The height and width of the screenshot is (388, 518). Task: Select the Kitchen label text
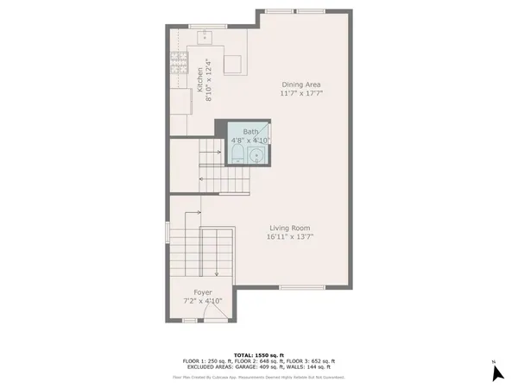[x=200, y=79]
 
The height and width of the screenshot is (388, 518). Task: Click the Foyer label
[x=203, y=292]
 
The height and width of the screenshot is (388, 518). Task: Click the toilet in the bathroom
[x=237, y=155]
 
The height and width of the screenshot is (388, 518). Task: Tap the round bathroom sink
[x=256, y=155]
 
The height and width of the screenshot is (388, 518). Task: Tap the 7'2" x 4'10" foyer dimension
[x=203, y=301]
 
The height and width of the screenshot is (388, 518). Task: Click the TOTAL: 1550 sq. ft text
[x=258, y=354]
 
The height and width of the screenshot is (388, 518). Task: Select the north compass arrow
[x=496, y=372]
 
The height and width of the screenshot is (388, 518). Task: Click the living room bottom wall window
[x=301, y=287]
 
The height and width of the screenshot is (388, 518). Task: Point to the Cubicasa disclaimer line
[x=258, y=377]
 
